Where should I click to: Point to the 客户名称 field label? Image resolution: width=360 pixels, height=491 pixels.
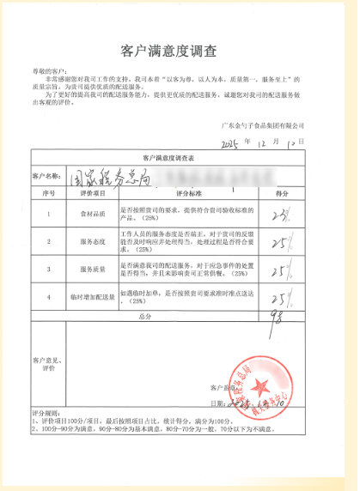[48, 177]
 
